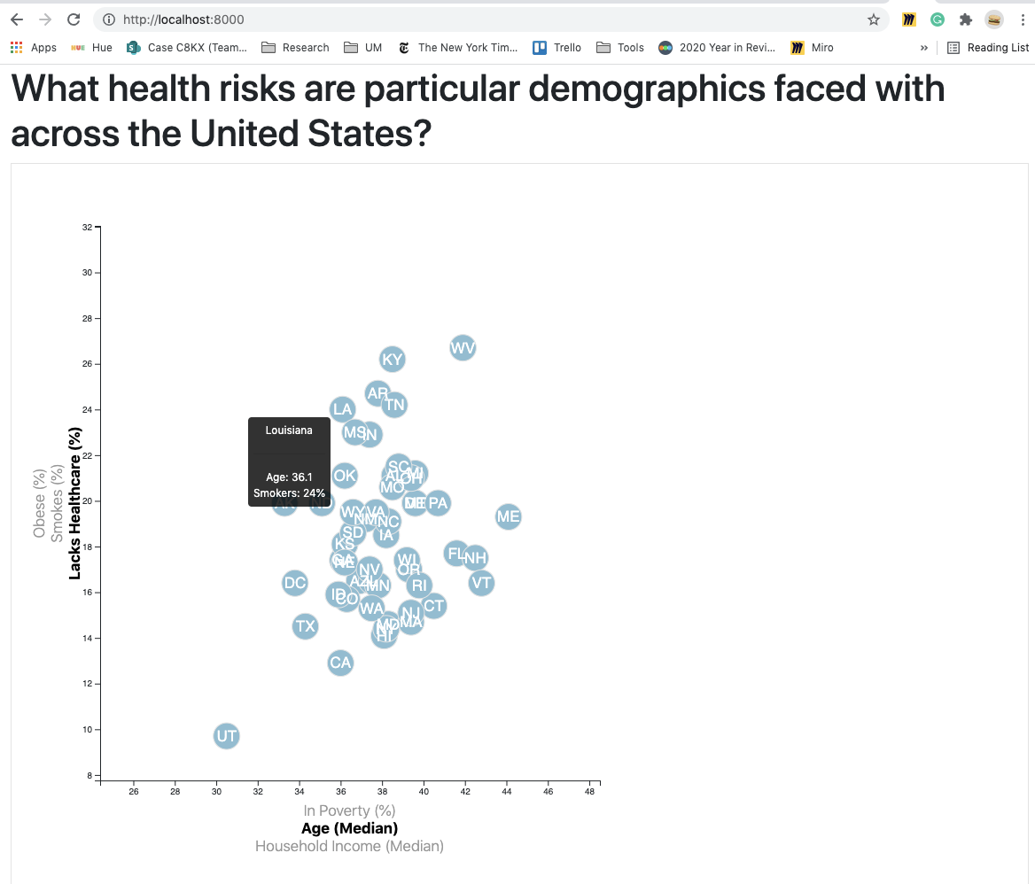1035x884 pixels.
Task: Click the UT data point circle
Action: [227, 736]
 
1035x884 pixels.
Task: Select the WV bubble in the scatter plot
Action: [463, 348]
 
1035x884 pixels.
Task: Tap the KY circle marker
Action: [392, 359]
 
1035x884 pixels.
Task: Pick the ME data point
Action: [508, 516]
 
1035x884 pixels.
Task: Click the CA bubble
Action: [340, 663]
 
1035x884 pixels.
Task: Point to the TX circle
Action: [305, 626]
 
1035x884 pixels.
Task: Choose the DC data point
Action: [294, 583]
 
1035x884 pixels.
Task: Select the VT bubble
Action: [480, 583]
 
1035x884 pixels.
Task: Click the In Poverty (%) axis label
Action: [349, 810]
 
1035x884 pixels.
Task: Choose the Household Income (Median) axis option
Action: [349, 846]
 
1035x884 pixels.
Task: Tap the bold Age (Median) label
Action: [349, 828]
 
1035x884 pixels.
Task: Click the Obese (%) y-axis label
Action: [39, 503]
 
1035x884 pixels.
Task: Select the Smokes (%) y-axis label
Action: [58, 503]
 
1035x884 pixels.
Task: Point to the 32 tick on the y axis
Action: [87, 228]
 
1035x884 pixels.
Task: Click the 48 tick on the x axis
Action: [589, 791]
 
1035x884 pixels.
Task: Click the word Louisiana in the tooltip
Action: [289, 430]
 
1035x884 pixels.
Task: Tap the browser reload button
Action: [74, 19]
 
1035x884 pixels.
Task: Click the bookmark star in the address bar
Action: [874, 19]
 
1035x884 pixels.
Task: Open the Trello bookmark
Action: [557, 48]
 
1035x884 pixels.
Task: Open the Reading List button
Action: [988, 48]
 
